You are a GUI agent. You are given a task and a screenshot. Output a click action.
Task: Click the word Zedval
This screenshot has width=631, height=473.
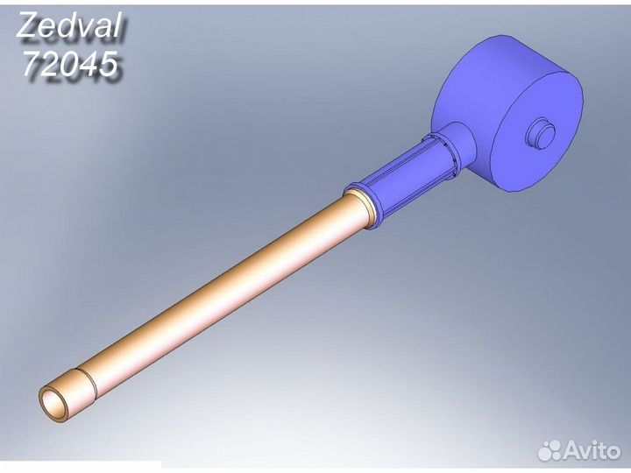coord(69,25)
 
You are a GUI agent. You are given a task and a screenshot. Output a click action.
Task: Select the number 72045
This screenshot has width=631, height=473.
coord(70,64)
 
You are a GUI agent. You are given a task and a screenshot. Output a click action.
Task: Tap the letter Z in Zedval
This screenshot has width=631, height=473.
coord(27,25)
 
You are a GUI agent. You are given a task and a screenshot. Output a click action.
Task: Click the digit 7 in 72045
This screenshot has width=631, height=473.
coord(32,64)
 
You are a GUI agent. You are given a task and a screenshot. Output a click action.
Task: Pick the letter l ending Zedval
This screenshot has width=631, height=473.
coord(117,25)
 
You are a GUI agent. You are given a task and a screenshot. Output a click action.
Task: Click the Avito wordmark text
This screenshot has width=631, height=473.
coord(592,449)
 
